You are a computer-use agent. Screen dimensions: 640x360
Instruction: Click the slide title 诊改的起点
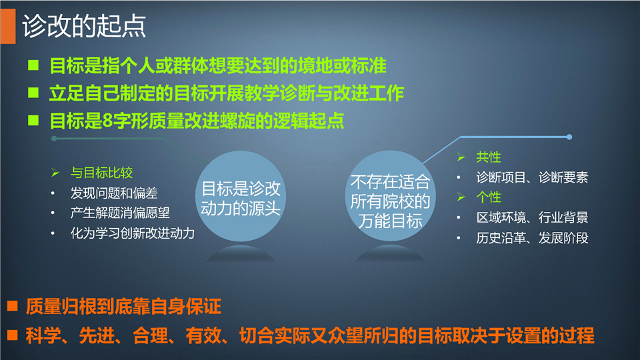click(x=84, y=26)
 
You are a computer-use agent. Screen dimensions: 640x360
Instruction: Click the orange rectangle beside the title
click(x=8, y=26)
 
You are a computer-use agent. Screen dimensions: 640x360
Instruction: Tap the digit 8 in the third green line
click(x=108, y=121)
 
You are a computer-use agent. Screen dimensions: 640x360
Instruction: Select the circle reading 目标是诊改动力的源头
click(x=241, y=196)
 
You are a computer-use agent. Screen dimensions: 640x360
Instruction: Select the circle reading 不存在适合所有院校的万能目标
click(x=390, y=196)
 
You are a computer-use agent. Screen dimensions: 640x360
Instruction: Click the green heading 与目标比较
click(x=101, y=173)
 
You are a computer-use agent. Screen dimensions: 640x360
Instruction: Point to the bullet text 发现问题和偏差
click(x=114, y=193)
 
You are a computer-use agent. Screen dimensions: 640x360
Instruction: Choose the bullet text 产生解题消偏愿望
click(x=120, y=213)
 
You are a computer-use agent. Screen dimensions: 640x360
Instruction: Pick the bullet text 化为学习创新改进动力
click(x=132, y=233)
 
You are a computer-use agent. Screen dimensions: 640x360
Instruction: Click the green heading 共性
click(x=489, y=157)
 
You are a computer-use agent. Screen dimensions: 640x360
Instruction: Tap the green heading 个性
click(x=489, y=197)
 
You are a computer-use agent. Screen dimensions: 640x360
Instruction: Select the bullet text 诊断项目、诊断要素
click(x=532, y=177)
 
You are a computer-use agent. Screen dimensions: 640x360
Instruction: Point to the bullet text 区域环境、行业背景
click(x=532, y=217)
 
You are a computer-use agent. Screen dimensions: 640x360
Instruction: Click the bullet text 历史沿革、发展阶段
click(x=532, y=237)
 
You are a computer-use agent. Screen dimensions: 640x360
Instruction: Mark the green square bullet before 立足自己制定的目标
click(x=33, y=93)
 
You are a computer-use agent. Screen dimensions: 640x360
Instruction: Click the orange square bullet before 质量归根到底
click(x=12, y=306)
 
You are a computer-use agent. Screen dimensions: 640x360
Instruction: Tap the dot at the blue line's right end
click(x=569, y=137)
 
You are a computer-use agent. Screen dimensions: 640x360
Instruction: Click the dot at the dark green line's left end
click(x=54, y=139)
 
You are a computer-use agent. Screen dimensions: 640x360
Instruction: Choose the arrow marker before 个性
click(x=461, y=197)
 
